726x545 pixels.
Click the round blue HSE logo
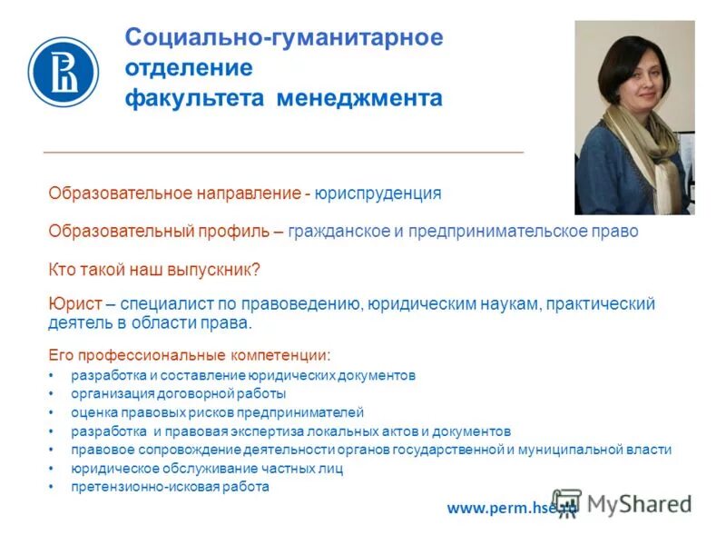click(x=63, y=71)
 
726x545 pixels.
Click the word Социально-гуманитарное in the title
click(x=284, y=38)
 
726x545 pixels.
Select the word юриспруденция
click(x=378, y=193)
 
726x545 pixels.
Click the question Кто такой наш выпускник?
click(x=154, y=270)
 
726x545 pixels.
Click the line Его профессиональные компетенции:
click(x=190, y=354)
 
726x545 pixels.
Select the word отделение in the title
click(x=189, y=68)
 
